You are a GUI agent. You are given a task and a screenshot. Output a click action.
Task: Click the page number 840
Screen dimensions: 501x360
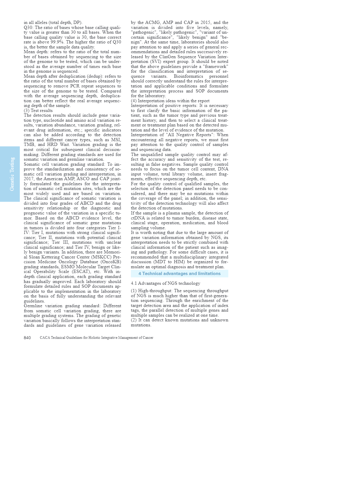[27, 338]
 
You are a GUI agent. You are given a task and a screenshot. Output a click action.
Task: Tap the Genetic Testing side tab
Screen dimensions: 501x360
[12, 174]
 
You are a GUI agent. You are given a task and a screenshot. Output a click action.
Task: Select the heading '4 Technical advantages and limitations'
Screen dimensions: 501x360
[179, 274]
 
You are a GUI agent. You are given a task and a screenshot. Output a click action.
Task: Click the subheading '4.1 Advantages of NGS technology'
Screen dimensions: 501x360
[165, 283]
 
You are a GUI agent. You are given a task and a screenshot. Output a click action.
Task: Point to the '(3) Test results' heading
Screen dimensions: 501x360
[38, 110]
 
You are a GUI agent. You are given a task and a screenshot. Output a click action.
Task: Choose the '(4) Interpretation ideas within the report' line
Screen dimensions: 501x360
[170, 101]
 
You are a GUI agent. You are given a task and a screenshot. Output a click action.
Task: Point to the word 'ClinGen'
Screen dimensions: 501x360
[167, 57]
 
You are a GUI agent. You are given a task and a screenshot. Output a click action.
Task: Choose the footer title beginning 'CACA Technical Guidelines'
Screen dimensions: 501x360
[96, 338]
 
